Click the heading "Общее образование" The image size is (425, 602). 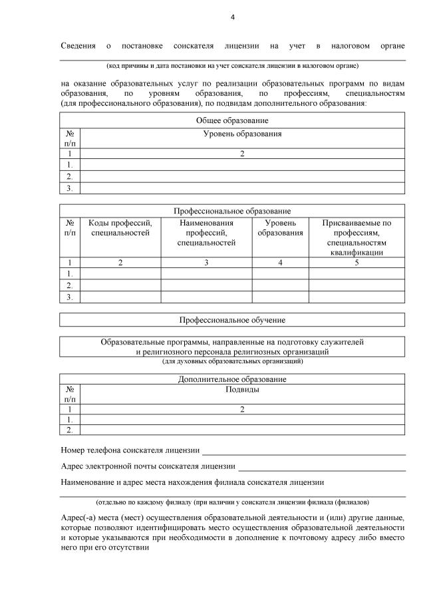click(232, 120)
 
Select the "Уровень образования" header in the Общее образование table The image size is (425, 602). click(242, 134)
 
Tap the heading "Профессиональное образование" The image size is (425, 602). click(232, 210)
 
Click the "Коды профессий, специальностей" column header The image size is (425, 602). click(120, 228)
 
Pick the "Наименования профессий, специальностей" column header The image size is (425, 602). click(206, 233)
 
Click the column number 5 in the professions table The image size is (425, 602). click(356, 263)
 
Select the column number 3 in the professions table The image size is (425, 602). click(206, 263)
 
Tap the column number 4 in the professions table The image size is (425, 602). click(280, 263)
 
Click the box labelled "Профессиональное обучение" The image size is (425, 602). click(232, 320)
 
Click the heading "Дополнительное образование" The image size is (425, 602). click(232, 379)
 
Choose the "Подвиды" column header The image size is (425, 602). click(242, 390)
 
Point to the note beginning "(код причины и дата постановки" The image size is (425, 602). click(232, 66)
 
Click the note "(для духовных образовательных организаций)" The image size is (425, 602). click(232, 361)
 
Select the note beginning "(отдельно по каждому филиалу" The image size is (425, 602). click(232, 502)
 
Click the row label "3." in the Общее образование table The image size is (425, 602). click(69, 188)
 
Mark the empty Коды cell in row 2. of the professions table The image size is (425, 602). click(120, 285)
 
